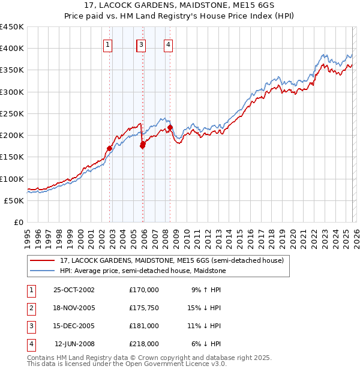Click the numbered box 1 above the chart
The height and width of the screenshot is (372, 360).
click(x=107, y=44)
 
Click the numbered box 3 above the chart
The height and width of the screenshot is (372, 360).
click(x=141, y=44)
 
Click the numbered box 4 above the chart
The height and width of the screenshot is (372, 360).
click(x=169, y=44)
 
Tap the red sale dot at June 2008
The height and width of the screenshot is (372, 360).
click(x=170, y=127)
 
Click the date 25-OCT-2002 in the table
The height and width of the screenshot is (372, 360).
click(x=74, y=290)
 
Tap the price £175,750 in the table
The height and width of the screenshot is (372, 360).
click(x=143, y=308)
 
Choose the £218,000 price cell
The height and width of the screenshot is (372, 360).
click(x=143, y=344)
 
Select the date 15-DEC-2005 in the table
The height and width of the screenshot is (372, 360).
click(x=74, y=326)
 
